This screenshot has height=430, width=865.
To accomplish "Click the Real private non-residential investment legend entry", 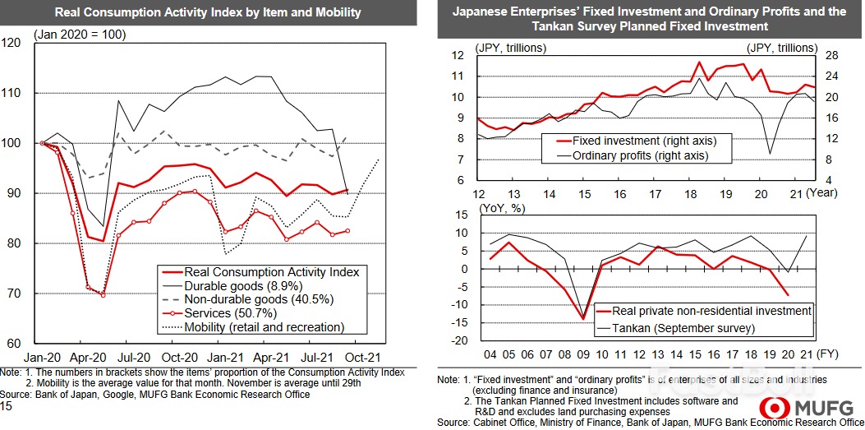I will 704,311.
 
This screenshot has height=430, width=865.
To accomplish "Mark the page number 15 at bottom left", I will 7,406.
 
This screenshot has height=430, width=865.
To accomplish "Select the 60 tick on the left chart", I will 13,344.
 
